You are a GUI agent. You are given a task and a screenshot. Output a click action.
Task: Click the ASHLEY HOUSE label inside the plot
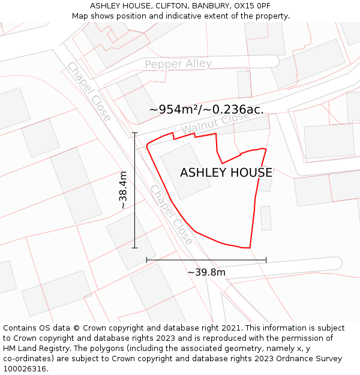pyautogui.click(x=226, y=173)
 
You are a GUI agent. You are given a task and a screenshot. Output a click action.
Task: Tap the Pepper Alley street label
pyautogui.click(x=178, y=64)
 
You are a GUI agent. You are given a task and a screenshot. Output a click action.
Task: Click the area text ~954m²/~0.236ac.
pyautogui.click(x=206, y=109)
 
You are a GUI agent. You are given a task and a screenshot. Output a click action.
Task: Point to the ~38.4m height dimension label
pyautogui.click(x=123, y=190)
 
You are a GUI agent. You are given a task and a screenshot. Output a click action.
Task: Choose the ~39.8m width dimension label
pyautogui.click(x=206, y=272)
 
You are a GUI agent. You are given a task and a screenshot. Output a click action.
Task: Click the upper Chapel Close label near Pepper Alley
pyautogui.click(x=89, y=91)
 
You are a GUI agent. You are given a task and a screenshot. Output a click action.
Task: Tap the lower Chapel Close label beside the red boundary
pyautogui.click(x=172, y=214)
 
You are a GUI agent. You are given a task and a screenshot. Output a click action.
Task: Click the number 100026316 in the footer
pyautogui.click(x=25, y=369)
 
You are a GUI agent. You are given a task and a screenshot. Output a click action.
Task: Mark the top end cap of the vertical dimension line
pyautogui.click(x=134, y=133)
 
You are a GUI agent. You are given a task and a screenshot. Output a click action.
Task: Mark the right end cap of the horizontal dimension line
pyautogui.click(x=266, y=260)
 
